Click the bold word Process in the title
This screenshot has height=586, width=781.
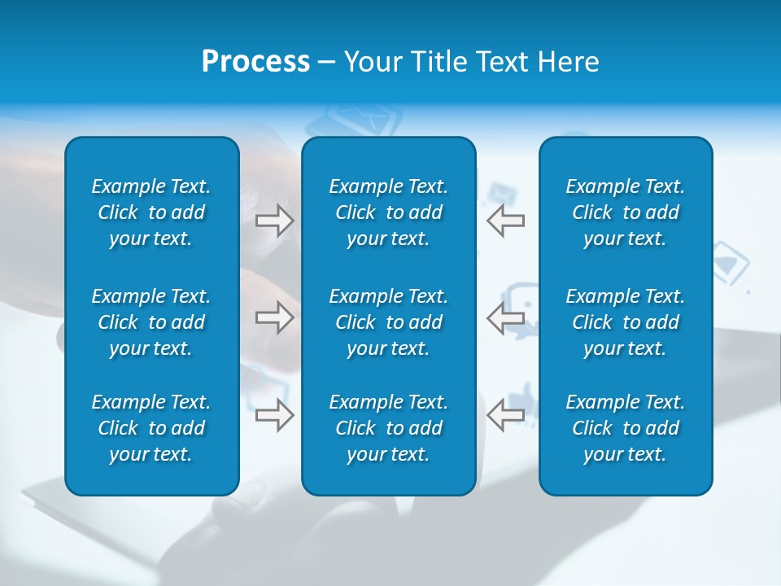[x=255, y=62]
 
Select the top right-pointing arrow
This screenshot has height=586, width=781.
[x=274, y=221]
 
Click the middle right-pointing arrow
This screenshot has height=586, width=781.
[x=274, y=317]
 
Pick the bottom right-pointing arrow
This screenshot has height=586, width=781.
[x=274, y=415]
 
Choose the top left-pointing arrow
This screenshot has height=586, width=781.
[x=505, y=221]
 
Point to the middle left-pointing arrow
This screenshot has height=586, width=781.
[x=505, y=317]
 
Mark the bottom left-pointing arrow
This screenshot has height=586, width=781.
[x=505, y=415]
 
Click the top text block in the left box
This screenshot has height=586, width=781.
[x=151, y=212]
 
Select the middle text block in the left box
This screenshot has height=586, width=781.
[x=151, y=322]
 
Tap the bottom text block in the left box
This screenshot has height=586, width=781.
[x=151, y=428]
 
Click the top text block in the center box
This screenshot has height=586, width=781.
[x=388, y=212]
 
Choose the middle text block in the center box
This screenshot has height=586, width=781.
[x=388, y=322]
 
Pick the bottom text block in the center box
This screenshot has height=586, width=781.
[x=388, y=428]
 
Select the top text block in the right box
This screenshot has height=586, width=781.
[x=625, y=212]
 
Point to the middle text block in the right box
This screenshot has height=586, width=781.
[x=625, y=322]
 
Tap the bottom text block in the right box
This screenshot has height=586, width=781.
[x=625, y=428]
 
